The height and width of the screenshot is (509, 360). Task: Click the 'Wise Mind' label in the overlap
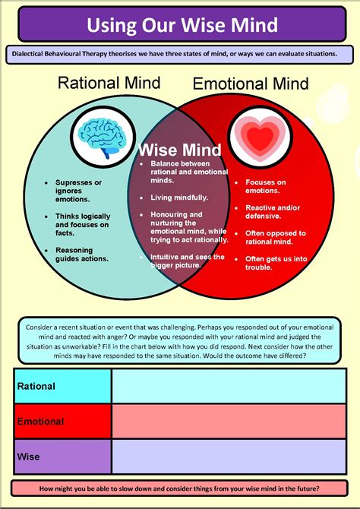181,150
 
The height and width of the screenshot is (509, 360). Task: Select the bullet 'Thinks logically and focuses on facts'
82,224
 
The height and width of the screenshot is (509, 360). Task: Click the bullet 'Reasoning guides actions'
81,254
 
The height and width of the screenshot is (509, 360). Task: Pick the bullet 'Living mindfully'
179,198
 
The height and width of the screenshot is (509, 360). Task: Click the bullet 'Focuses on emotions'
265,187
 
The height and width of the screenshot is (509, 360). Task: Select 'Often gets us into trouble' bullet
274,263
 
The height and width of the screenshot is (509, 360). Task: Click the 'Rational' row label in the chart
37,386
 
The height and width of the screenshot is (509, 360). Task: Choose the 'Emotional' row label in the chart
42,421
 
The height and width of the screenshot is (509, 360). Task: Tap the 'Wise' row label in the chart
28,457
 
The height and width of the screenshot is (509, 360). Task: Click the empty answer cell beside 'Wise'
231,457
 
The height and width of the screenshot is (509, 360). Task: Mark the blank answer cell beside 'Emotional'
231,421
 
